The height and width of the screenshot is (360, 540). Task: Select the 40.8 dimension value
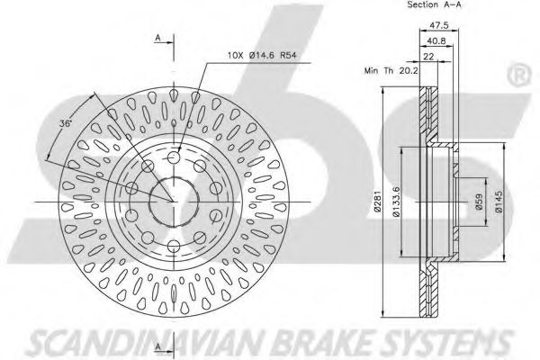point(436,41)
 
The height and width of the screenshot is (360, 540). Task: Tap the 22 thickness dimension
point(428,57)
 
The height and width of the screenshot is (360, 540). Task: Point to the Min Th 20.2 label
point(391,70)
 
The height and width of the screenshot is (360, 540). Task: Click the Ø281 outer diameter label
point(377,201)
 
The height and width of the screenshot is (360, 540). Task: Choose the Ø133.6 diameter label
point(396,202)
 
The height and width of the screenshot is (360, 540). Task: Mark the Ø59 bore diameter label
point(479,202)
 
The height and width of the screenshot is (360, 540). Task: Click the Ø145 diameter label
point(499,202)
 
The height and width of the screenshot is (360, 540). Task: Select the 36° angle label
point(65,123)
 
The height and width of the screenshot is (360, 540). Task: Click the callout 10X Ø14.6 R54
point(262,55)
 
